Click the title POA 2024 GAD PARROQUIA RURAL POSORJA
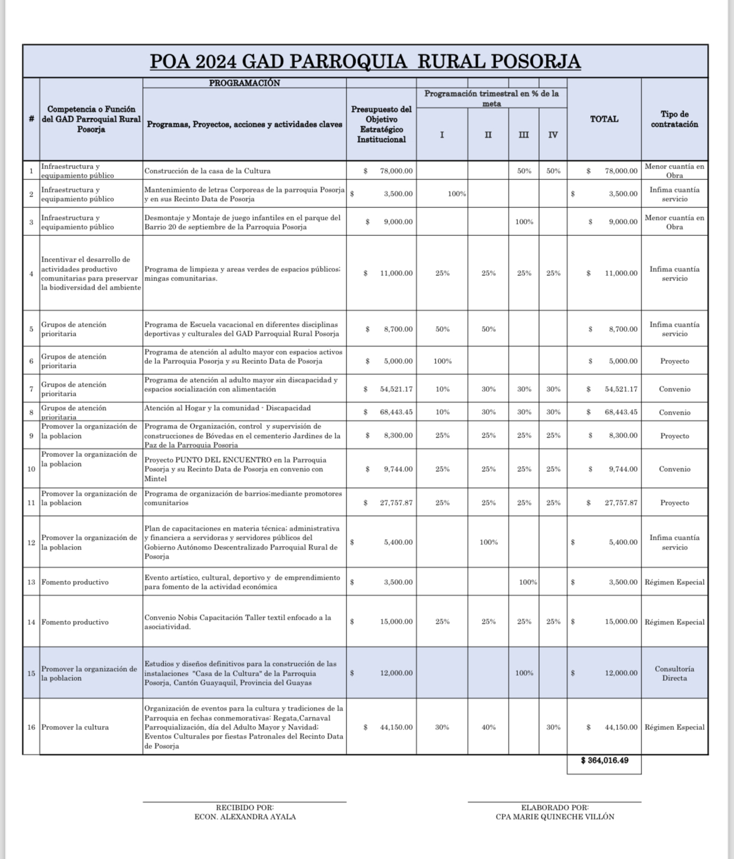click(365, 61)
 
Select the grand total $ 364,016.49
click(604, 761)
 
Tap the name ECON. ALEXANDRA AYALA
click(245, 817)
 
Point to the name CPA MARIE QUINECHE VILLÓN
click(555, 817)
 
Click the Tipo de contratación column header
click(674, 119)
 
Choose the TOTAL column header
click(604, 119)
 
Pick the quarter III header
click(524, 135)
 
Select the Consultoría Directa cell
click(674, 673)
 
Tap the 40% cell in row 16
click(488, 728)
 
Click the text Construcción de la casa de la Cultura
click(208, 171)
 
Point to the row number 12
click(31, 543)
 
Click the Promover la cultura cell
click(75, 728)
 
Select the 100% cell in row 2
click(456, 194)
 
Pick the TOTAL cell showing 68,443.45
click(621, 412)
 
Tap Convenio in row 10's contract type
click(674, 469)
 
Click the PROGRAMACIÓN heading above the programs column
click(244, 83)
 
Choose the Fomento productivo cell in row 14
click(75, 622)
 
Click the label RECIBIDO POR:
click(245, 808)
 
